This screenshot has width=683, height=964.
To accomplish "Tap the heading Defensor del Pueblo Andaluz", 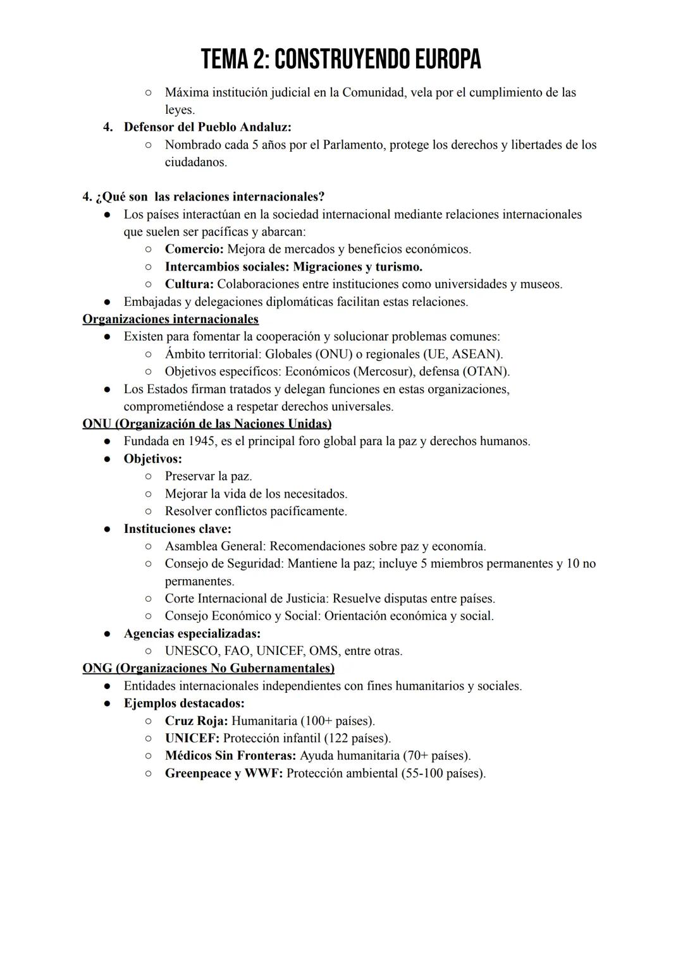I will point(207,127).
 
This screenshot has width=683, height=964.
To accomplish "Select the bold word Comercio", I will point(194,249).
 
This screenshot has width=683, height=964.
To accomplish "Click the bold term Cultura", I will point(189,284).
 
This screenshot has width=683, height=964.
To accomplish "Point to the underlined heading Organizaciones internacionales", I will point(171,319).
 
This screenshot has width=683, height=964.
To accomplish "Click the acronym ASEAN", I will point(475,354).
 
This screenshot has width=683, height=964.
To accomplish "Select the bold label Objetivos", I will point(152,459).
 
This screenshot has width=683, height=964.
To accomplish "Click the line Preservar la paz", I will point(208,476).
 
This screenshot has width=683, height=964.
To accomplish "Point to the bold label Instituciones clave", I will point(177,528).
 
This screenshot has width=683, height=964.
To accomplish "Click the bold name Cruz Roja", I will point(196,721).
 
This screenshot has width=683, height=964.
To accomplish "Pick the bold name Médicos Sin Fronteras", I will point(230,756).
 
